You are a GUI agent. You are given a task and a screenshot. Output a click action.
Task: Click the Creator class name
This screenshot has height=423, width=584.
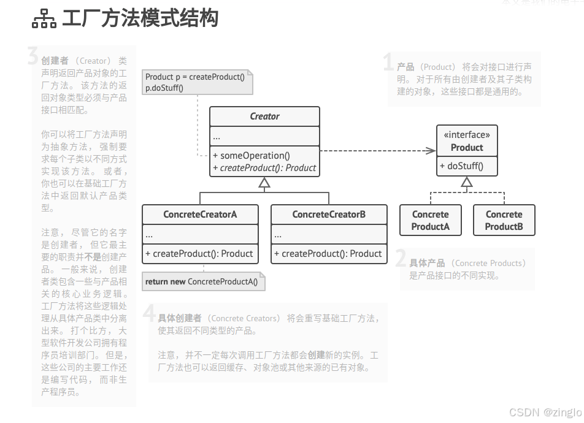[264, 116]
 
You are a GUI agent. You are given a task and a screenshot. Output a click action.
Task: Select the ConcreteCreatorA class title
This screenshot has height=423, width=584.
[200, 215]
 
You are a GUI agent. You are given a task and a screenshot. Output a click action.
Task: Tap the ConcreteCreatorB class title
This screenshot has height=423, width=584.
[329, 215]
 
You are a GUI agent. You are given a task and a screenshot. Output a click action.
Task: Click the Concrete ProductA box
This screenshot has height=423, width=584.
[430, 220]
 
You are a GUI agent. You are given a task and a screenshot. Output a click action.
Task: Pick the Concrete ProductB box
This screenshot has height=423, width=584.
[504, 220]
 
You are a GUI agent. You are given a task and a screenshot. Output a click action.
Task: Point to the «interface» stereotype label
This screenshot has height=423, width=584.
[467, 135]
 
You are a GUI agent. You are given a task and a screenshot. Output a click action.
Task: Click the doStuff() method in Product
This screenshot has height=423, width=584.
[461, 166]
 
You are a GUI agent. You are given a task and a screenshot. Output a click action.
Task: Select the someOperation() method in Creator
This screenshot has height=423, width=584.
[252, 156]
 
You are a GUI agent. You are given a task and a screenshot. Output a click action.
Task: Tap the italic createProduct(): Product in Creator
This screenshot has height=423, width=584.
[264, 168]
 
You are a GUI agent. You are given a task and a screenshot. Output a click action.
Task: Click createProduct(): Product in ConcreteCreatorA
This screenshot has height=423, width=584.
[199, 254]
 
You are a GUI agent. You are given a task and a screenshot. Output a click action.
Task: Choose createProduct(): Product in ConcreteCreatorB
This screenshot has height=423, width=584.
[328, 254]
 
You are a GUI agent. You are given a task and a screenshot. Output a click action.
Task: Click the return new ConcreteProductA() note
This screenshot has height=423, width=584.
[201, 282]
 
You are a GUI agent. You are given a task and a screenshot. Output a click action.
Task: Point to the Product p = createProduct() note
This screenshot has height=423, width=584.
[195, 82]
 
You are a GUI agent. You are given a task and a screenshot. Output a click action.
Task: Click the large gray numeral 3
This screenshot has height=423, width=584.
[33, 56]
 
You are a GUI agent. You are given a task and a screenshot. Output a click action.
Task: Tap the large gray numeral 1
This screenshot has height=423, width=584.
[388, 63]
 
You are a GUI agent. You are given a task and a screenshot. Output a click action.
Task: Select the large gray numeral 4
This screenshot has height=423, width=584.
[149, 313]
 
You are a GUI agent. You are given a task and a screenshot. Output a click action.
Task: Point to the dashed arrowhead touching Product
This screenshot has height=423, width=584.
[431, 150]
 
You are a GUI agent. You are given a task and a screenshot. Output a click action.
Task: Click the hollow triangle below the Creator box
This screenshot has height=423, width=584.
[264, 182]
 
